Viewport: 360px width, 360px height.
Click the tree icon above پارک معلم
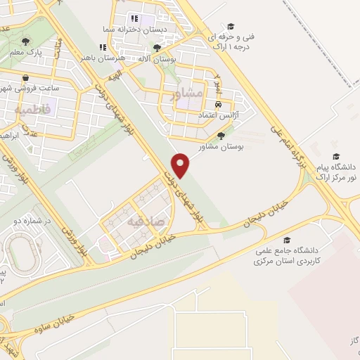point(27,41)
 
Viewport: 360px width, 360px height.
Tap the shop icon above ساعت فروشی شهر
point(25,78)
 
